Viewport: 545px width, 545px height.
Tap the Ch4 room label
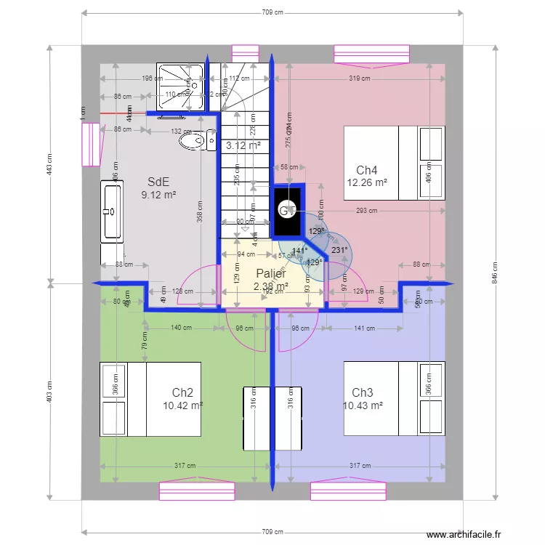tap(366, 170)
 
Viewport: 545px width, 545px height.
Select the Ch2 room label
tap(182, 392)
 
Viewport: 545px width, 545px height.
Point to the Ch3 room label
tap(362, 392)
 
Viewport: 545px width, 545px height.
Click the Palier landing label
tap(271, 274)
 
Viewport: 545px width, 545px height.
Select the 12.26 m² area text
tap(367, 183)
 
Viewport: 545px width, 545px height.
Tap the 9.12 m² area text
tap(158, 195)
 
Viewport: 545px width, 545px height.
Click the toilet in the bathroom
tap(194, 140)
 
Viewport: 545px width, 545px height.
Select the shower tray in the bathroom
tap(175, 88)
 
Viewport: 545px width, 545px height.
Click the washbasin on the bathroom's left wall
tap(112, 211)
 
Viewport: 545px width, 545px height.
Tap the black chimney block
tap(288, 210)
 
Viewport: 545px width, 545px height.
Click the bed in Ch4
tap(393, 162)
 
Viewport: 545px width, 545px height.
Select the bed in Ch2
tap(150, 400)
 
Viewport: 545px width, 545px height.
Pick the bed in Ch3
tap(393, 400)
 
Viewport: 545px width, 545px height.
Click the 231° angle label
tap(339, 249)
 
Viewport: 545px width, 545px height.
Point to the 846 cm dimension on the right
tap(495, 273)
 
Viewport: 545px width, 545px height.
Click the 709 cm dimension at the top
tap(272, 12)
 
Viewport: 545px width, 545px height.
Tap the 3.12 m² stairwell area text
tap(243, 145)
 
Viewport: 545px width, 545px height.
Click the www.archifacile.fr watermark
tap(464, 535)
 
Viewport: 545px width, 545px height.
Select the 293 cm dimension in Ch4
tap(367, 211)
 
